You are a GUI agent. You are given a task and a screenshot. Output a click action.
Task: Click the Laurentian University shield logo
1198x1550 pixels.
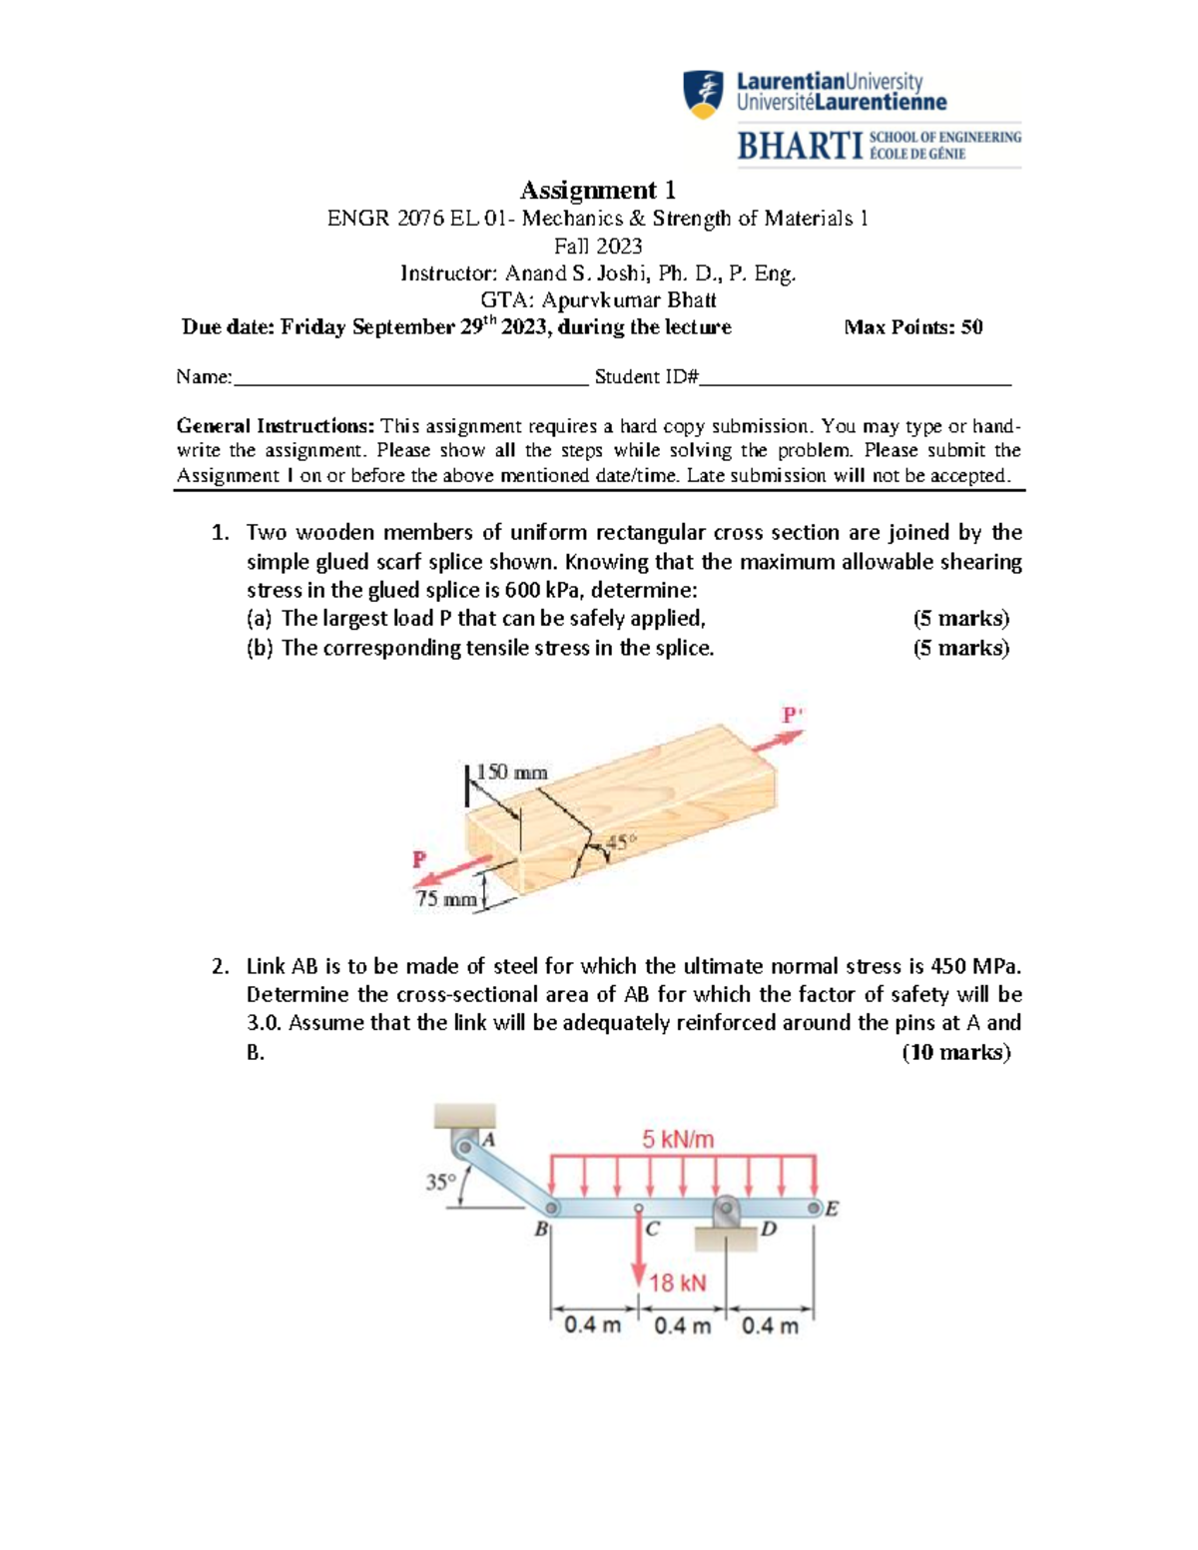pos(704,95)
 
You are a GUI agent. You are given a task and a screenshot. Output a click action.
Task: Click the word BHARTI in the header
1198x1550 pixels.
pos(799,146)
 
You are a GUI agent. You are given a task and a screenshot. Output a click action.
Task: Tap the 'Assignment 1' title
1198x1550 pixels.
pos(598,190)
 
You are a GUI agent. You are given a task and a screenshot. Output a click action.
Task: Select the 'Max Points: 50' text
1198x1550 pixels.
pos(912,327)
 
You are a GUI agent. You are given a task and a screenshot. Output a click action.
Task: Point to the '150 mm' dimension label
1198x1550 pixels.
pos(511,772)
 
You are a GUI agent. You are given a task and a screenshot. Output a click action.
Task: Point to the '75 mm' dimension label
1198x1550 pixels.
pos(445,898)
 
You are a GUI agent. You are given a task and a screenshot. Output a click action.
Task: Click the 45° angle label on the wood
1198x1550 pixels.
pos(619,841)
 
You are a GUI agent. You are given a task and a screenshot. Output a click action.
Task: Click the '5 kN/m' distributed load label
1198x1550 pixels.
pos(678,1139)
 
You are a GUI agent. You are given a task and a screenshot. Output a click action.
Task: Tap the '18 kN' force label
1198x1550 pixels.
pos(678,1283)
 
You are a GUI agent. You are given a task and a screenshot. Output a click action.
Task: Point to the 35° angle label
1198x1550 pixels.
pos(439,1183)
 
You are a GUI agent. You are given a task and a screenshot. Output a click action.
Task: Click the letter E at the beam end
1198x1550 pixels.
pos(832,1210)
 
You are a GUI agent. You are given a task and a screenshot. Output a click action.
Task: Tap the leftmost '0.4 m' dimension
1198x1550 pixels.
pos(592,1325)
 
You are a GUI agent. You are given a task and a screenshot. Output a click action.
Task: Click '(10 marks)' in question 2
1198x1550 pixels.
pos(955,1052)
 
